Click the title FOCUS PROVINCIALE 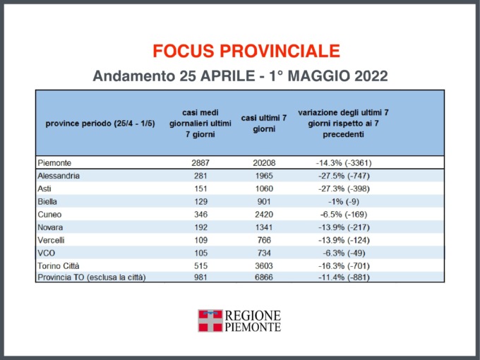(246, 51)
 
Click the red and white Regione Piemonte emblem (210, 320)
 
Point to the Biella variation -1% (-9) (343, 200)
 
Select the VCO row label (47, 252)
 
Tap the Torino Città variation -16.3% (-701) (343, 265)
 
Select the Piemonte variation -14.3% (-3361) (343, 162)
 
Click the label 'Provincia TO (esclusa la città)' (91, 277)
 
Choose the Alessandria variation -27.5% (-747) (343, 175)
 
